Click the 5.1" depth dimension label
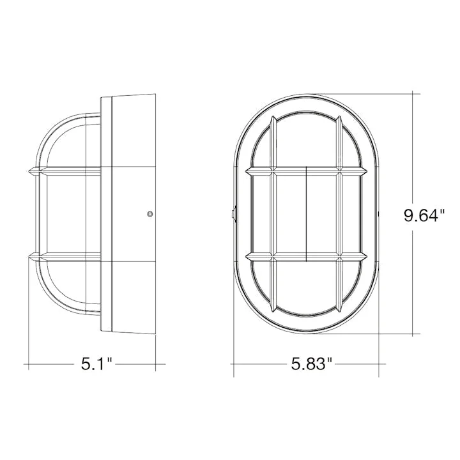pyautogui.click(x=97, y=364)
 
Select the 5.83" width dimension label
pyautogui.click(x=311, y=364)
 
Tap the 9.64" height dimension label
pyautogui.click(x=424, y=216)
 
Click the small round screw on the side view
pyautogui.click(x=150, y=214)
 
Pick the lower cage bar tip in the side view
pyautogui.click(x=29, y=257)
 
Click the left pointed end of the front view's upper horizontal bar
pyautogui.click(x=247, y=171)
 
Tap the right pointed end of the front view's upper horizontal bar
pyautogui.click(x=367, y=171)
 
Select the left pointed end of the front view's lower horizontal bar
pyautogui.click(x=247, y=257)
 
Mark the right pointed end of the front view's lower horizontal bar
pyautogui.click(x=367, y=257)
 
